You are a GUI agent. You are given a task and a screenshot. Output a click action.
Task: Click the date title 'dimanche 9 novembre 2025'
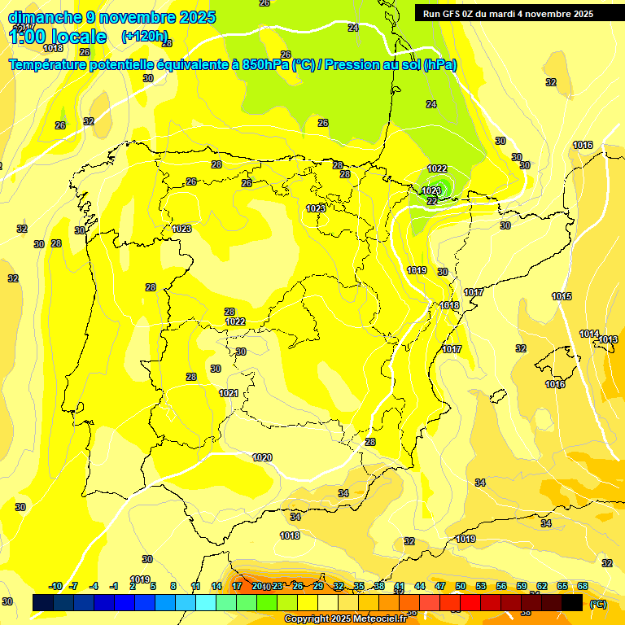(x=111, y=17)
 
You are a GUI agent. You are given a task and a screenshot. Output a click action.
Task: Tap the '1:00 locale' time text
(x=58, y=37)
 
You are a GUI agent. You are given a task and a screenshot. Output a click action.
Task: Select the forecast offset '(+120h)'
(x=144, y=37)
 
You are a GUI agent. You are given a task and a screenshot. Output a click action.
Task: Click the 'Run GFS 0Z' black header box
(x=508, y=13)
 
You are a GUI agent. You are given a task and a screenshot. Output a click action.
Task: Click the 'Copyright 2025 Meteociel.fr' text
(x=345, y=618)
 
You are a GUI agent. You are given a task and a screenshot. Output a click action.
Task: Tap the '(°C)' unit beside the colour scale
(x=597, y=604)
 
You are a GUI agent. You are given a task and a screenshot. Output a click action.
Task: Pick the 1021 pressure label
(x=229, y=393)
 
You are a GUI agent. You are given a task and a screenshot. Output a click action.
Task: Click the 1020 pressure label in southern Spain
(x=262, y=457)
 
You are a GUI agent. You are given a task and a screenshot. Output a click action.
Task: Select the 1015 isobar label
(x=562, y=296)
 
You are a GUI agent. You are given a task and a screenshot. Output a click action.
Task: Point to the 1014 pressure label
(x=589, y=334)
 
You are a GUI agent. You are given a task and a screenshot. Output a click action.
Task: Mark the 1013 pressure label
(x=609, y=339)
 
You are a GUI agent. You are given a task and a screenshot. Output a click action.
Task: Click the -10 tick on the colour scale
(x=55, y=586)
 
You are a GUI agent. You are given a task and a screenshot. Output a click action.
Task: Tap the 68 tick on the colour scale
(x=583, y=586)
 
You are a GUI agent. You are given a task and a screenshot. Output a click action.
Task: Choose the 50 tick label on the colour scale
(x=461, y=586)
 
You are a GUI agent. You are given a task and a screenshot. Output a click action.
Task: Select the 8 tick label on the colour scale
(x=173, y=586)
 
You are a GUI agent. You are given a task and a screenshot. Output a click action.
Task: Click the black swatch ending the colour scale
(x=573, y=603)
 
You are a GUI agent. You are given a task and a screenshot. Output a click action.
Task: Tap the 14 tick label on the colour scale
(x=216, y=586)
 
